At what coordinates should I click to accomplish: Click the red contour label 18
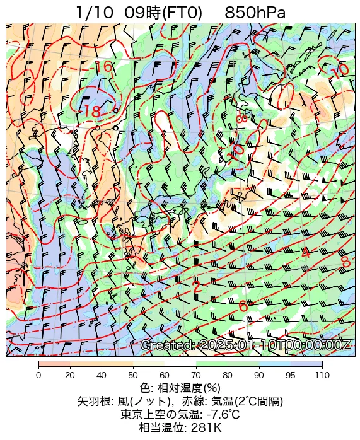point(92,112)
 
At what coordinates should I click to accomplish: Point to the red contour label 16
point(104,67)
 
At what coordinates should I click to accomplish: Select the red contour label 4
point(306,253)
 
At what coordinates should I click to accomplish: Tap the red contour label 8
point(345,261)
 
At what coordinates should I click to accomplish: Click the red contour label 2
point(197,287)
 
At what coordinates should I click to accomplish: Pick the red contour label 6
point(243,307)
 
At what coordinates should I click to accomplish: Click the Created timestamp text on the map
point(245,345)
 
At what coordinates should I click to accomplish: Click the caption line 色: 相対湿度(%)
point(180,388)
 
